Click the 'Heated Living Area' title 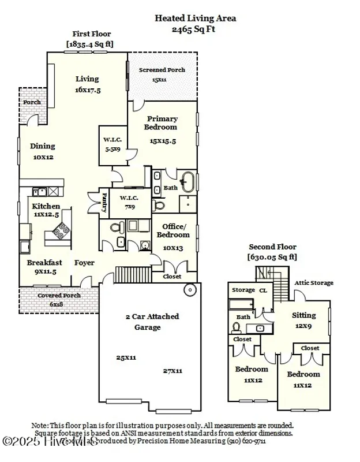[x=195, y=18]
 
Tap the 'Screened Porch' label [x=162, y=70]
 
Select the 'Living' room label [x=87, y=79]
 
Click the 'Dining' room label [x=43, y=146]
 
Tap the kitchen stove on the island [x=60, y=230]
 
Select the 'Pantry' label [x=104, y=202]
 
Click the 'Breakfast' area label [x=44, y=262]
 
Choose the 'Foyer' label [x=84, y=263]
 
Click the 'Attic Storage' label [x=314, y=283]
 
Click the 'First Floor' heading [x=92, y=34]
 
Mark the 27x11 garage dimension [x=172, y=371]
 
